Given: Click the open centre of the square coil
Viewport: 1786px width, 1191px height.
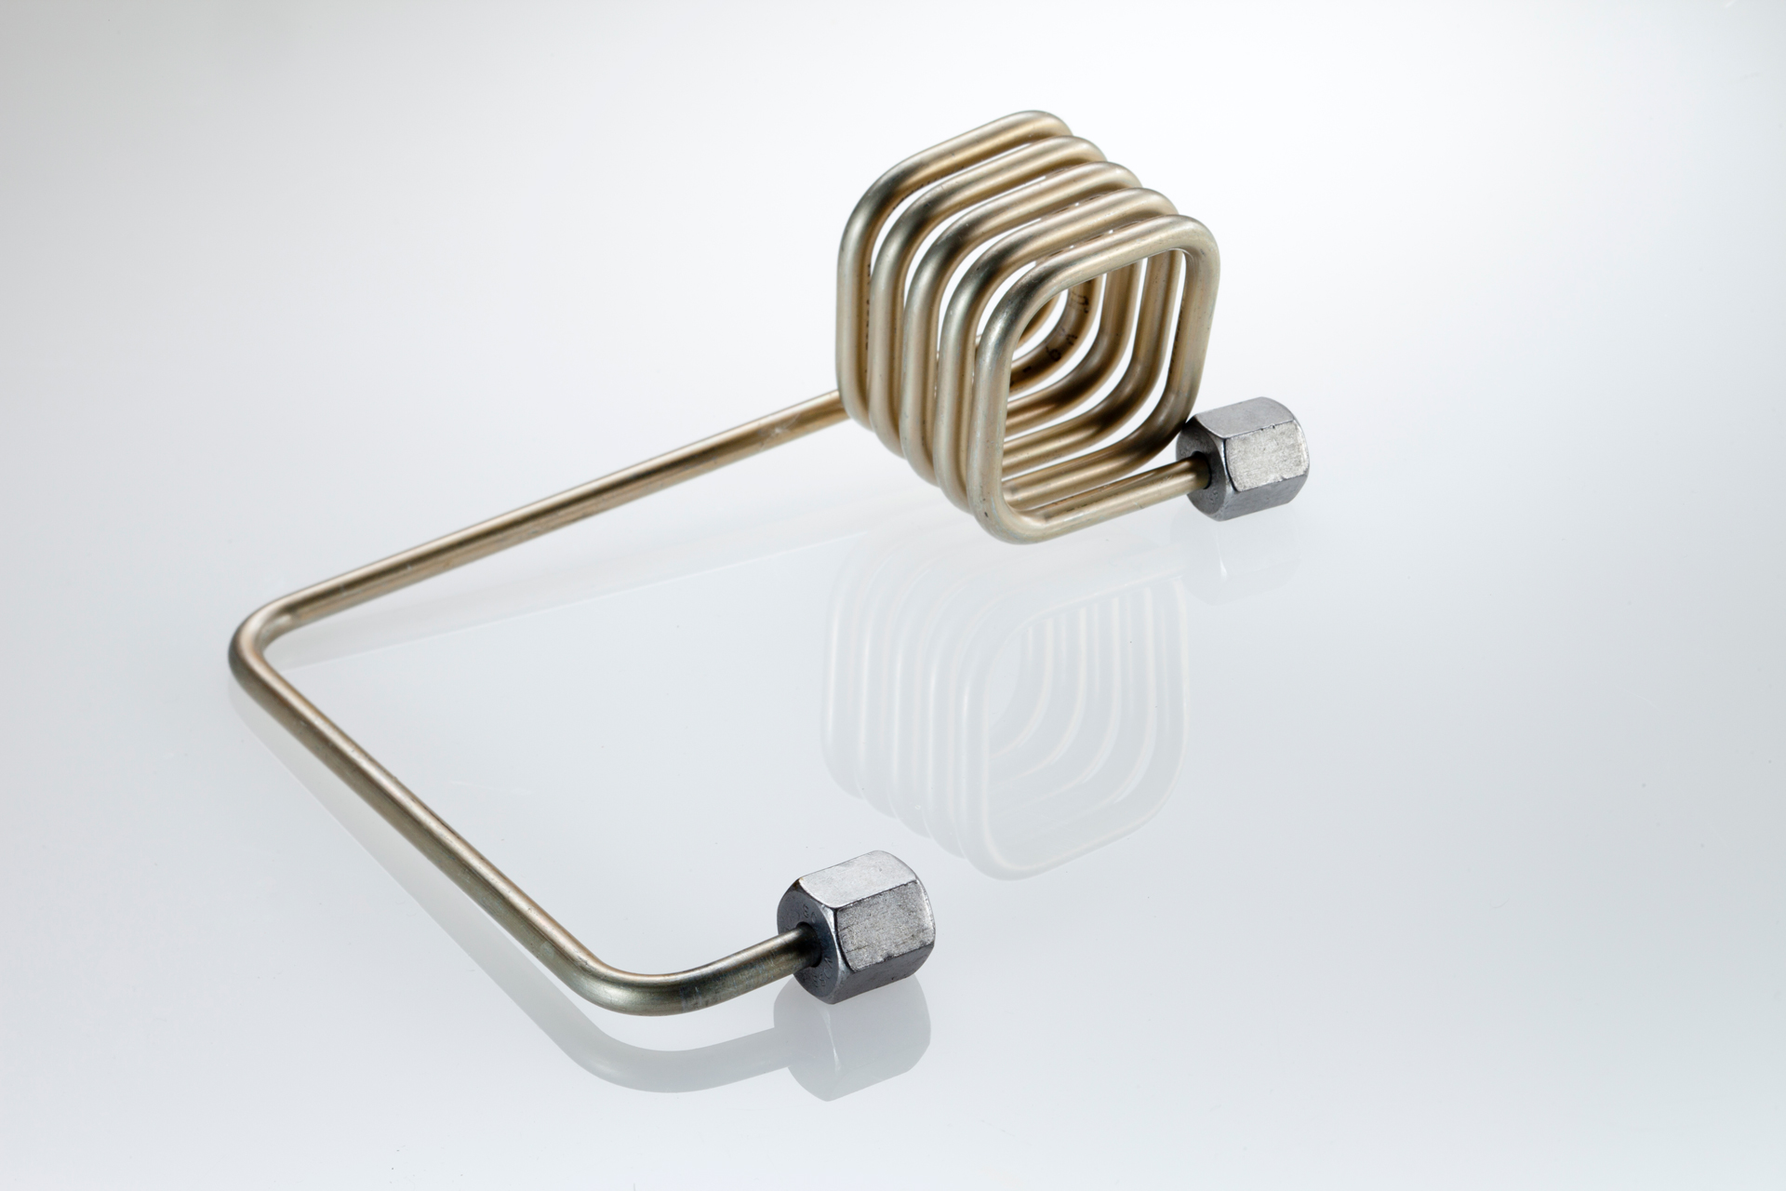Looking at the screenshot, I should pyautogui.click(x=1098, y=372).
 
